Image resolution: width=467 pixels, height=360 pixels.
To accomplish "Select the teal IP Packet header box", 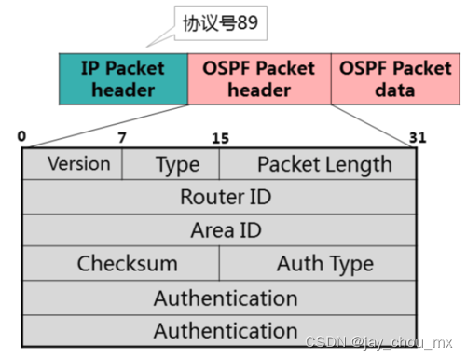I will (123, 79).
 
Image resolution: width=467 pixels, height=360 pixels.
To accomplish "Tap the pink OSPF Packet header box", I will (259, 79).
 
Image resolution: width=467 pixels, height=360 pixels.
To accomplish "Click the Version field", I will (78, 163).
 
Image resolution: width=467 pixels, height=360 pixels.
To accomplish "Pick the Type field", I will (177, 164).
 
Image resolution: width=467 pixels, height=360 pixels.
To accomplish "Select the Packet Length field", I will (323, 164).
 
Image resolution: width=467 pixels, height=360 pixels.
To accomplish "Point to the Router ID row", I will (225, 197).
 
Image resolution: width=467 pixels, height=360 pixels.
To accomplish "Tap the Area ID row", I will (225, 229).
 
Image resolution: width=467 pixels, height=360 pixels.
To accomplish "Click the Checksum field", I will (127, 263).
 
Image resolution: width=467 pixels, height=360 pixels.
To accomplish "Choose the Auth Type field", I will (324, 263).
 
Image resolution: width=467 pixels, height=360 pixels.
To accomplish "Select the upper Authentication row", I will (225, 298).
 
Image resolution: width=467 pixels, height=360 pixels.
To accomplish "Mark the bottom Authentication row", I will (225, 330).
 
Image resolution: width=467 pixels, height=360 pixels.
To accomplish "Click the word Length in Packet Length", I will (359, 164).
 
